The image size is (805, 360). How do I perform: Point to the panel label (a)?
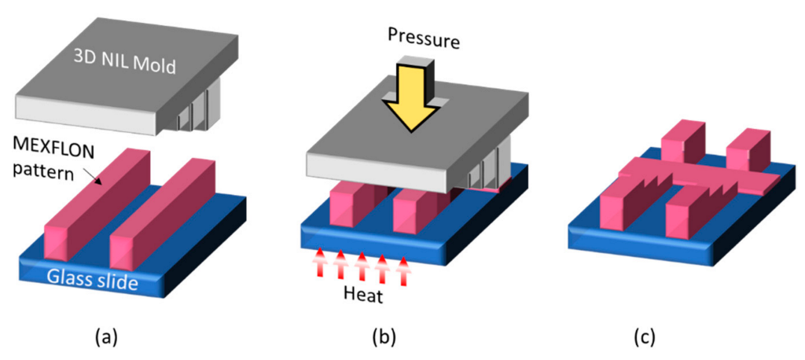pyautogui.click(x=108, y=336)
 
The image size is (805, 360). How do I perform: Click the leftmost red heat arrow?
pyautogui.click(x=320, y=263)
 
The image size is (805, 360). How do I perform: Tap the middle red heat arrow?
pyautogui.click(x=362, y=265)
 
